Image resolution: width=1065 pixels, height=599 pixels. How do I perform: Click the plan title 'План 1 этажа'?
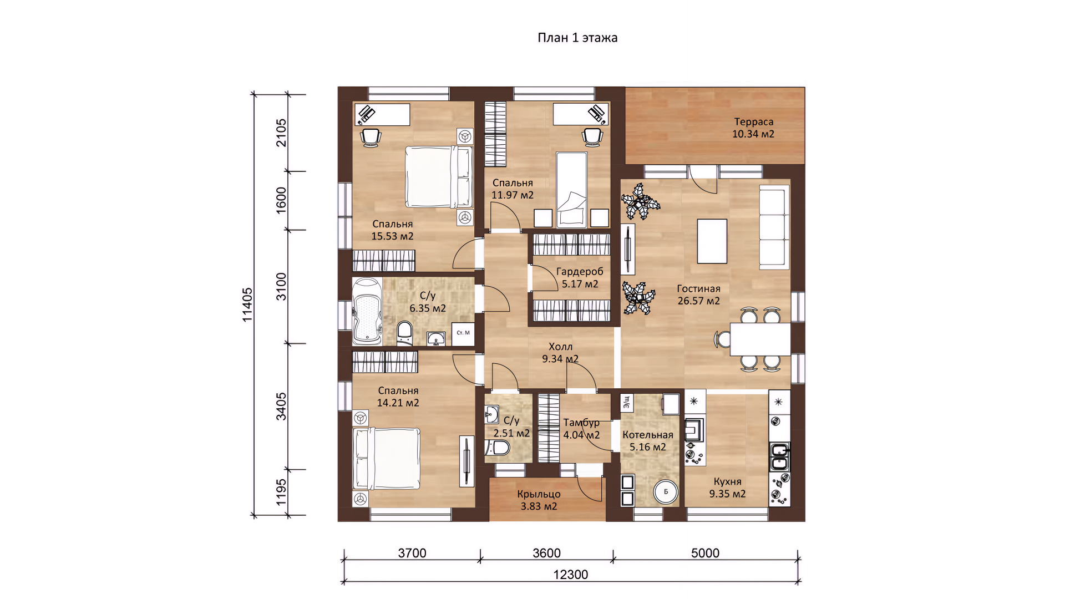click(x=577, y=38)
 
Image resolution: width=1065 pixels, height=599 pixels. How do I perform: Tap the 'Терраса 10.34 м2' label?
click(x=753, y=128)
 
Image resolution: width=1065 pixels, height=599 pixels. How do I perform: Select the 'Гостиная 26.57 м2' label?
click(x=698, y=295)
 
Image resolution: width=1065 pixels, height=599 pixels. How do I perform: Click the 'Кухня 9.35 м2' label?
click(x=727, y=488)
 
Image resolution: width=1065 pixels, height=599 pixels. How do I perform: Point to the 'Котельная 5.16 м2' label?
click(x=648, y=441)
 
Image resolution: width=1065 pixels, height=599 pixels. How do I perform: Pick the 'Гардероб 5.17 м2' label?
click(x=580, y=277)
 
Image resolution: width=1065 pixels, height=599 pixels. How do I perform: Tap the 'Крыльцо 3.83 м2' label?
click(x=539, y=500)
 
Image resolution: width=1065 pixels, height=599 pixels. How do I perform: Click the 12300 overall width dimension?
click(x=571, y=575)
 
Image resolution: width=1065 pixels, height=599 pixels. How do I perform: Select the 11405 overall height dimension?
click(x=247, y=304)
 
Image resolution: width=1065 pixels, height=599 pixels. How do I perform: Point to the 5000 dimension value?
click(x=705, y=553)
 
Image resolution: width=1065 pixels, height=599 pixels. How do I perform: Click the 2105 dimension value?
click(x=281, y=133)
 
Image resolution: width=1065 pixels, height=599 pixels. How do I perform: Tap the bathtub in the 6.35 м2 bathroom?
click(x=367, y=311)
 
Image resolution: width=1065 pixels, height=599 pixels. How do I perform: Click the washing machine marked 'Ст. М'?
click(x=463, y=334)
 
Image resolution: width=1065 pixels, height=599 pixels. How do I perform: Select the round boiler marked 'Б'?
click(x=666, y=491)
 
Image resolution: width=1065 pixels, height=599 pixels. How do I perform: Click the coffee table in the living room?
click(x=712, y=241)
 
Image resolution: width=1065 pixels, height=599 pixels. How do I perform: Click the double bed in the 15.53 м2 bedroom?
click(x=438, y=177)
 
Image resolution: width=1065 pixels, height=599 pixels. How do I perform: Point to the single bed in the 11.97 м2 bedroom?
click(x=571, y=190)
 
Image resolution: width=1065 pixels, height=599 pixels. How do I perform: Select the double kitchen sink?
click(x=779, y=457)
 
